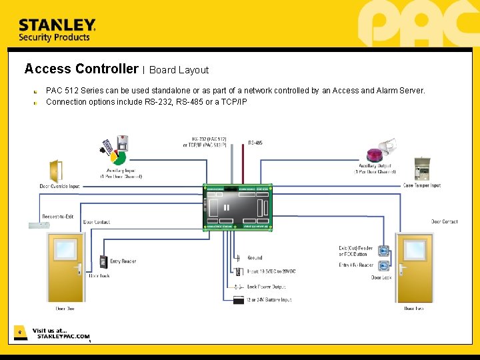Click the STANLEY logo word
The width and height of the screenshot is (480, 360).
coord(57,25)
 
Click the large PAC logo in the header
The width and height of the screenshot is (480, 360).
coord(417,24)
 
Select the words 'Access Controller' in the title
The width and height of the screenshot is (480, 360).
coord(81,69)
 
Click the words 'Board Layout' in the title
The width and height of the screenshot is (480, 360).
coord(179,70)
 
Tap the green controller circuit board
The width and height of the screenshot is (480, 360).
coord(238,207)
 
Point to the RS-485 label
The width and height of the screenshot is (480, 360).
coord(255,143)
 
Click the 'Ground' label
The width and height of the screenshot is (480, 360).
coord(255,257)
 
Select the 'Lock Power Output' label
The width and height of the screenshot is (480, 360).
coord(266,287)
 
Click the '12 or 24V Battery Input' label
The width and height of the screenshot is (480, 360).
coord(269,300)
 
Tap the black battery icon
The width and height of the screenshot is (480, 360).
coord(238,300)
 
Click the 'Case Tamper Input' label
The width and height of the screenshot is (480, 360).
coord(421,185)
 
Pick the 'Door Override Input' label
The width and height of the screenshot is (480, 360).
coord(59,186)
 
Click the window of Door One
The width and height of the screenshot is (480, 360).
coord(65,250)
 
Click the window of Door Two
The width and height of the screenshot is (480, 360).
coord(414,250)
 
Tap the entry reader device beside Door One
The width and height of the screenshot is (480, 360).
coord(104,261)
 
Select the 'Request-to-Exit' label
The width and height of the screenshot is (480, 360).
coord(59,217)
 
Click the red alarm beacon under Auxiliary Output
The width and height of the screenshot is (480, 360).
coord(375,156)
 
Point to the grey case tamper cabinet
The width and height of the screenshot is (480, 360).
coord(421,169)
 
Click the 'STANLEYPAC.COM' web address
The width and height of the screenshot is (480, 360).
coord(63,337)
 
